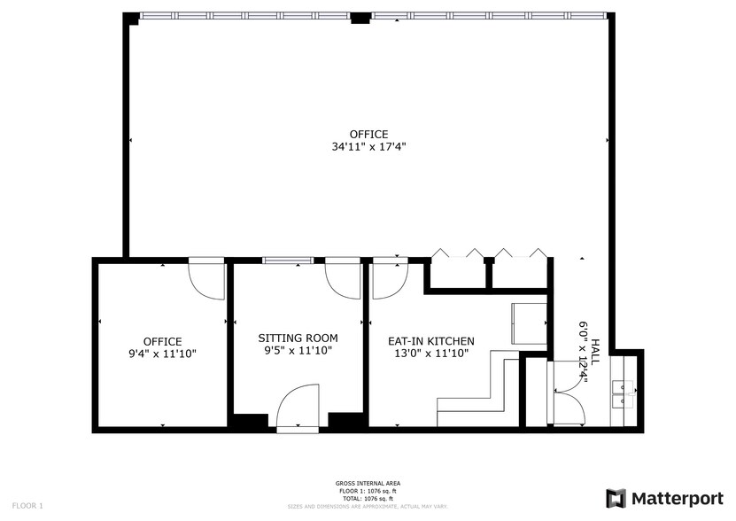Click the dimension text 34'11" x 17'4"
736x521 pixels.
[x=368, y=147]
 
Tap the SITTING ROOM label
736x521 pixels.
[x=298, y=338]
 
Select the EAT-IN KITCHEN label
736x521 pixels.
[x=431, y=341]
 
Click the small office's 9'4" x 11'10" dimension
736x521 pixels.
[x=162, y=354]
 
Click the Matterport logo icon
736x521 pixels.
[x=616, y=498]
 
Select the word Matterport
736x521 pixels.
[x=677, y=498]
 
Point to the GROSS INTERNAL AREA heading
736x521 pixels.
[x=368, y=483]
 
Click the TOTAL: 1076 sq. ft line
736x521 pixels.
[x=368, y=497]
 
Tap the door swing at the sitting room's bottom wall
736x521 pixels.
[x=298, y=406]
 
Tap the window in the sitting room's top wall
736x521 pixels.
[x=288, y=260]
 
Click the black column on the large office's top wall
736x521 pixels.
[x=359, y=17]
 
